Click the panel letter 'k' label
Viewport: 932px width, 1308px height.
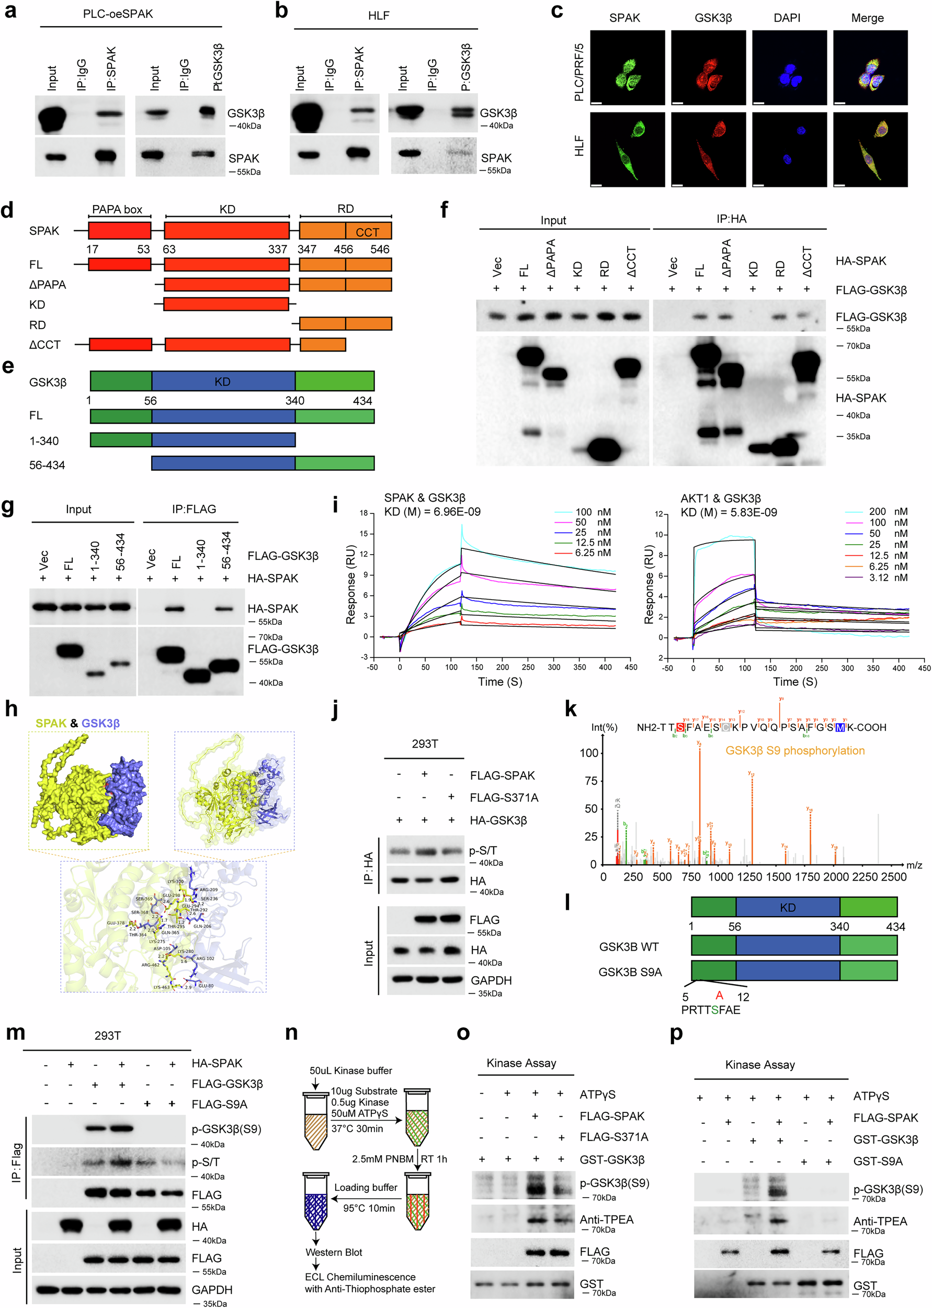(x=571, y=709)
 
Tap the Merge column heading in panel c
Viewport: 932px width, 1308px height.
(x=867, y=18)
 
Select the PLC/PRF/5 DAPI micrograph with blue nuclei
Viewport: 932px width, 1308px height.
(x=789, y=67)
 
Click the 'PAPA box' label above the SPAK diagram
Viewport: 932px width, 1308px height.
(x=117, y=209)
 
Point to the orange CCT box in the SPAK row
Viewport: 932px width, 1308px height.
(x=368, y=231)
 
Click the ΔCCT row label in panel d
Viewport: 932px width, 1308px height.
(x=45, y=345)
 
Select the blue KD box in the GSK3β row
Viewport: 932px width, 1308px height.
(x=223, y=381)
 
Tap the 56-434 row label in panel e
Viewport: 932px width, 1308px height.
(x=47, y=465)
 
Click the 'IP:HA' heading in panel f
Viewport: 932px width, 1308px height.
(x=731, y=219)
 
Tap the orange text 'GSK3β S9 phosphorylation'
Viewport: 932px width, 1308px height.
(x=794, y=751)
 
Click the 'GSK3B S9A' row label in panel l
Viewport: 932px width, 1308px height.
(x=630, y=972)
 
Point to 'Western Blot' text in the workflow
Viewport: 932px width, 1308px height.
(x=334, y=1253)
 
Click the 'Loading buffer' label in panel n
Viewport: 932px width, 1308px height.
(x=366, y=1188)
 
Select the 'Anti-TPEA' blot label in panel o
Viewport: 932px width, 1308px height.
(x=606, y=1220)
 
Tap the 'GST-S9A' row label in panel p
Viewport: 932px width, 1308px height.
(x=878, y=1161)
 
